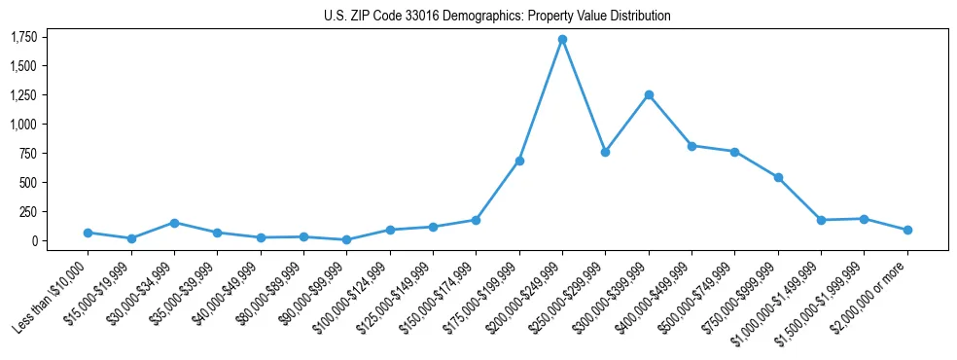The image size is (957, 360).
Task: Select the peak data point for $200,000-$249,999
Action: [562, 39]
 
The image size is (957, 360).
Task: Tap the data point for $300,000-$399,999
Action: [649, 94]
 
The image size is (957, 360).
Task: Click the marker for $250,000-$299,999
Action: [605, 152]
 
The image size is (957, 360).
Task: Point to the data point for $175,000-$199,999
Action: [519, 161]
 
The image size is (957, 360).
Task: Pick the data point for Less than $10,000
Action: [88, 233]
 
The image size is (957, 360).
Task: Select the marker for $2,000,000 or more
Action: [907, 230]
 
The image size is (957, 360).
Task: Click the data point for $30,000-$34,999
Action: [174, 223]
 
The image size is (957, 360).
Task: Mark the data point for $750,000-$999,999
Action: [778, 177]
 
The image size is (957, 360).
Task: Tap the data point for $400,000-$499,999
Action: [691, 146]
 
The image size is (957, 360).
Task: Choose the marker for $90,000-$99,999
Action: [346, 239]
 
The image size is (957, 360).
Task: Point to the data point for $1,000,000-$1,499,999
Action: [821, 220]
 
